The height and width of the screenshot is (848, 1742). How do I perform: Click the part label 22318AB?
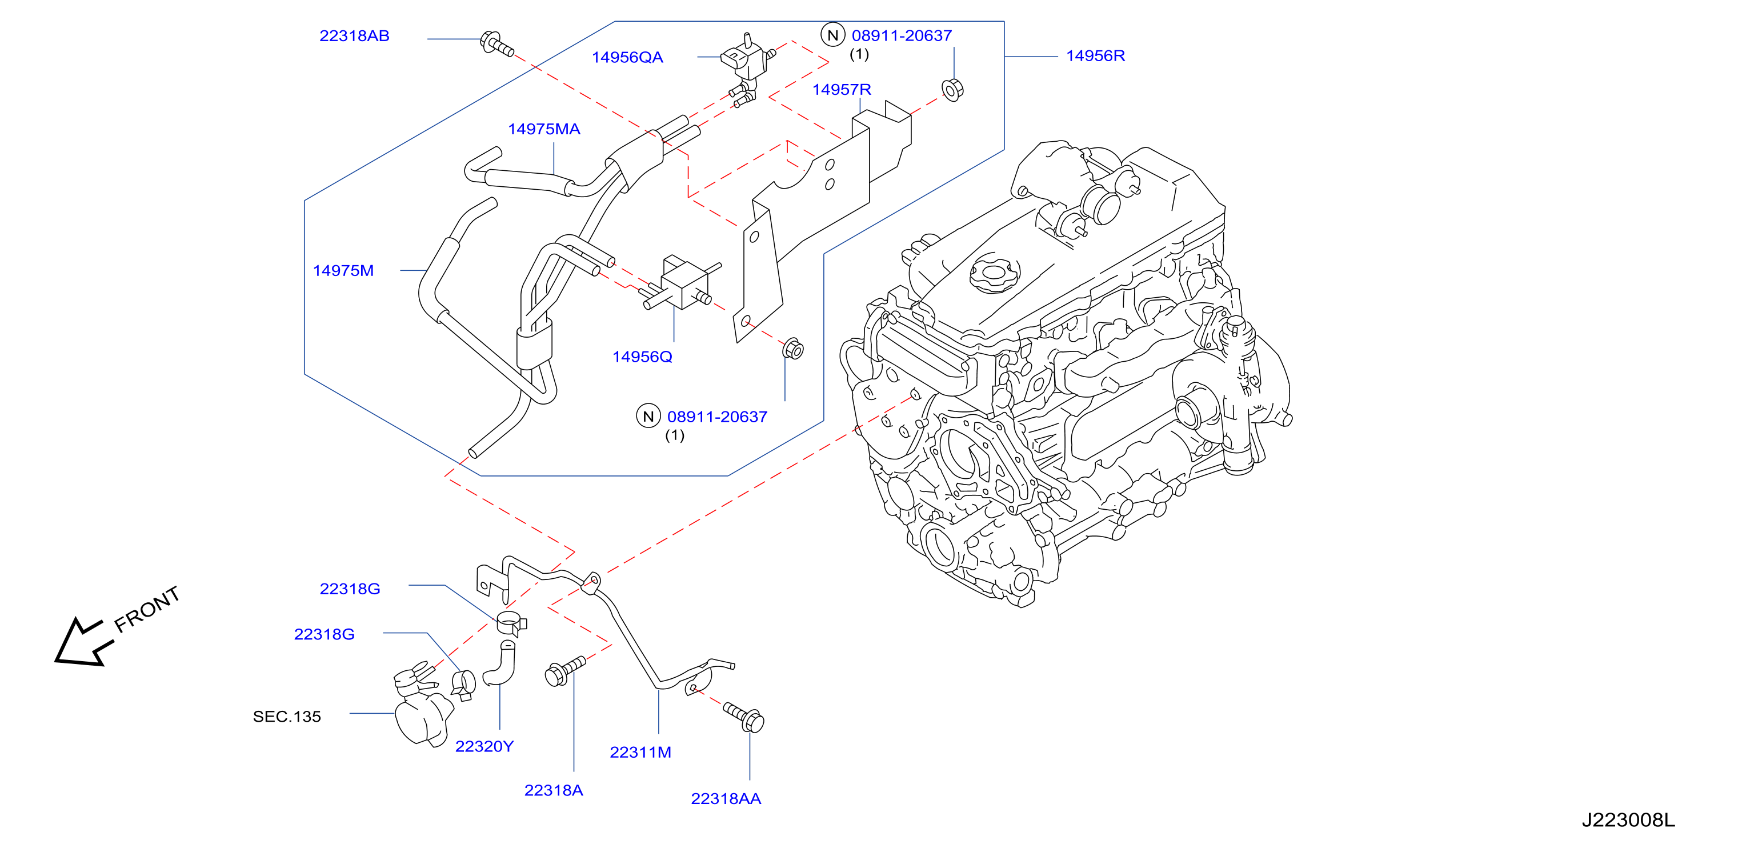coord(354,36)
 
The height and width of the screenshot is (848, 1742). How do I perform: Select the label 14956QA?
coord(627,58)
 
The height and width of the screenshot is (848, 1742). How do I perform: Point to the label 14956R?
coord(1095,56)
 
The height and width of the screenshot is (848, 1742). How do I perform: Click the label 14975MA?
coord(544,129)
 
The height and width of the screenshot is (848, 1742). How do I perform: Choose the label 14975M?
coord(343,270)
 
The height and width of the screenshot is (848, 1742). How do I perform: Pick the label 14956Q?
coord(642,357)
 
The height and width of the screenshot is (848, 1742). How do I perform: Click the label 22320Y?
coord(484,746)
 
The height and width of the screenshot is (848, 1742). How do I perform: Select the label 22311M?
coord(640,752)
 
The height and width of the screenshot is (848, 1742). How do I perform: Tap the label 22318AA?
coord(726,799)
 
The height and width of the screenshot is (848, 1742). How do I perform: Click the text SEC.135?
coord(287,716)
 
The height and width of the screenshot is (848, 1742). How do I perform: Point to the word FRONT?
coord(147,609)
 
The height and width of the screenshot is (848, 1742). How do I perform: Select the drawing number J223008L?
coord(1628,819)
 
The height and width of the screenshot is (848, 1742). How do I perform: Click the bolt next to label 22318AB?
coord(496,43)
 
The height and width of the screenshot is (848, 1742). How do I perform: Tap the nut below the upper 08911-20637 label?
coord(952,90)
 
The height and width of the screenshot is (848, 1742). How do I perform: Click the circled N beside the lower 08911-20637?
coord(648,416)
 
